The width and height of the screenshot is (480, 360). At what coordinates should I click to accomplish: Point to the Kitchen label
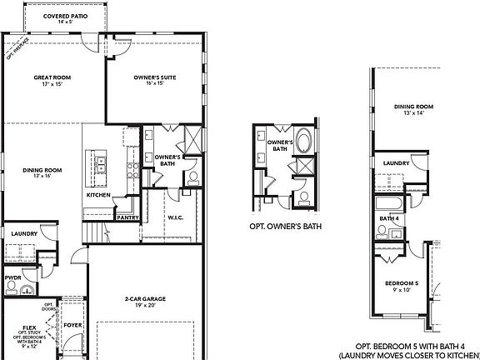(98, 195)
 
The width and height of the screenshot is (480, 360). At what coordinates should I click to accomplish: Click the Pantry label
(127, 217)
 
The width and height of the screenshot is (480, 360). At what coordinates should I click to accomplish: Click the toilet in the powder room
(12, 288)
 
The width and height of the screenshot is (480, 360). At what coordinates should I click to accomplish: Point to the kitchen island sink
(101, 164)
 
